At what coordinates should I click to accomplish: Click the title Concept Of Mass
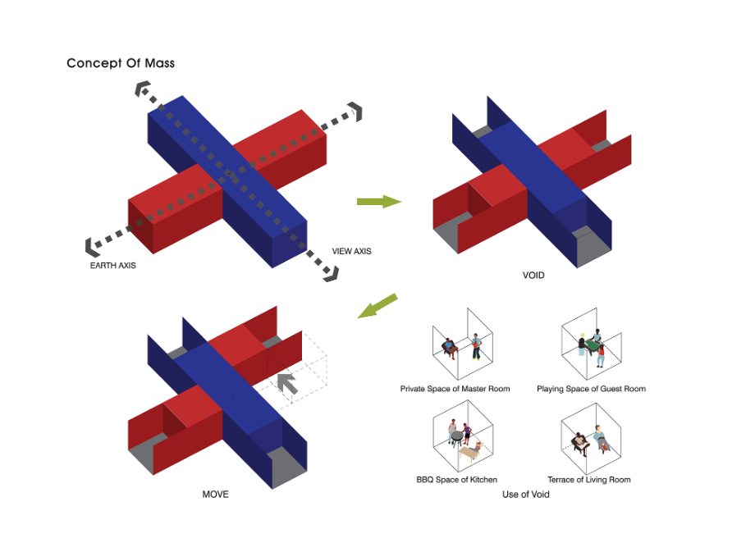(x=121, y=63)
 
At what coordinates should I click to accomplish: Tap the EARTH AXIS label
(x=113, y=266)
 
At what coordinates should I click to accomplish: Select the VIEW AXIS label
(x=351, y=251)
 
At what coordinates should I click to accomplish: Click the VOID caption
(x=533, y=276)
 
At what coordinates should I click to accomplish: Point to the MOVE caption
(x=215, y=495)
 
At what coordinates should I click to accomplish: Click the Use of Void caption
(x=526, y=495)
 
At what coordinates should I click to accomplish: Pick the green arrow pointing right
(x=378, y=201)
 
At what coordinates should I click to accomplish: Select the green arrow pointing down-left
(x=377, y=307)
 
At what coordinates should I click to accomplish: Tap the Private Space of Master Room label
(x=455, y=389)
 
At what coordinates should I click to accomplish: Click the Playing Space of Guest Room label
(x=591, y=389)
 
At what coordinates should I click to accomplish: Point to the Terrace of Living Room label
(x=589, y=480)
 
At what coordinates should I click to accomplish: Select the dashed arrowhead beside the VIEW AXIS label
(x=329, y=273)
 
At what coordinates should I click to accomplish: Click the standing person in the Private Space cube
(x=475, y=345)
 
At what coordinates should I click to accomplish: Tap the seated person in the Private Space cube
(x=448, y=347)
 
